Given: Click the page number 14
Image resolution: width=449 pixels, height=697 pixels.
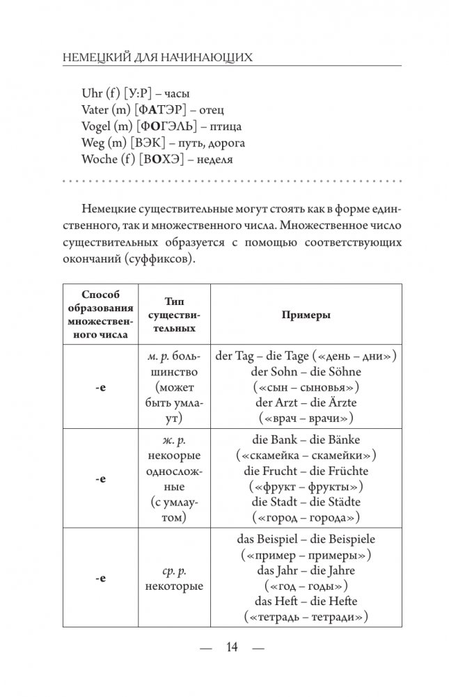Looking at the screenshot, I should (x=232, y=648).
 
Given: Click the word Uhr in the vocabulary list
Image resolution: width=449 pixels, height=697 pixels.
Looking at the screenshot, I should (x=92, y=93).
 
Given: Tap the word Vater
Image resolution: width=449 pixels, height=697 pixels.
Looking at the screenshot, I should (x=95, y=110).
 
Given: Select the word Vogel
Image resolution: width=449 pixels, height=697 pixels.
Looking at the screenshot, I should (x=97, y=127).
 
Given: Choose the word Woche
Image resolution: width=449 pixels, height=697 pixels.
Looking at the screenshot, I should (x=100, y=160).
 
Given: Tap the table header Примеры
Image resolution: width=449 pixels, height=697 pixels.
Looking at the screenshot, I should (x=306, y=315).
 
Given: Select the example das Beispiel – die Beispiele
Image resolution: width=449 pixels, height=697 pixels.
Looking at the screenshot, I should (x=306, y=540).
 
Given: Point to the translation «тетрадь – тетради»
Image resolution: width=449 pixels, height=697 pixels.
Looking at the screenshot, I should (x=306, y=617).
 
